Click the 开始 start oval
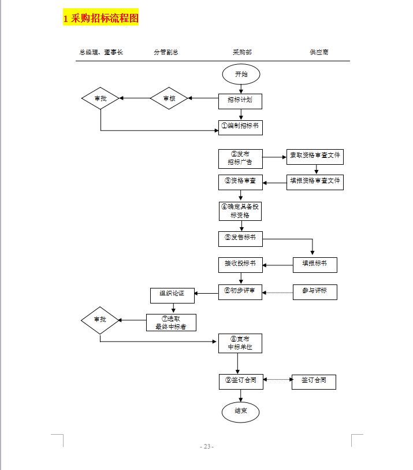[x=241, y=74]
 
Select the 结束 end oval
[x=241, y=411]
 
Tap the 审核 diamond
[x=169, y=98]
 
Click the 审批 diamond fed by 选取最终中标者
[x=101, y=320]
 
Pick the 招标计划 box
[x=240, y=101]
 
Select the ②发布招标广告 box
[x=240, y=158]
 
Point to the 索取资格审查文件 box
[x=315, y=156]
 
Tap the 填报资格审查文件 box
[x=315, y=182]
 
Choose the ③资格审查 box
[x=240, y=182]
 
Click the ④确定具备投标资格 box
[x=240, y=211]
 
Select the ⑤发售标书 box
[x=240, y=238]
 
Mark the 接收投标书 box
[x=240, y=264]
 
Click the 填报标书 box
[x=315, y=264]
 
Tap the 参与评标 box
[x=315, y=291]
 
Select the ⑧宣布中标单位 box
[x=240, y=343]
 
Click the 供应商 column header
[x=319, y=53]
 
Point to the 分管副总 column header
[x=166, y=53]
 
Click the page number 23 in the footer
[x=207, y=446]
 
